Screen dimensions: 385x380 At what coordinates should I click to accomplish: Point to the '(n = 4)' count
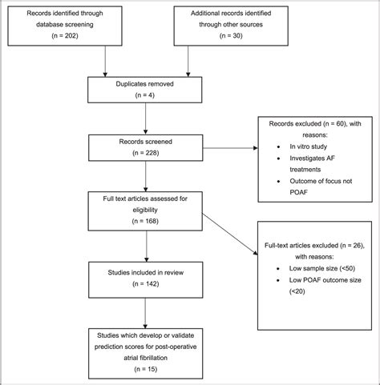tap(104, 94)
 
